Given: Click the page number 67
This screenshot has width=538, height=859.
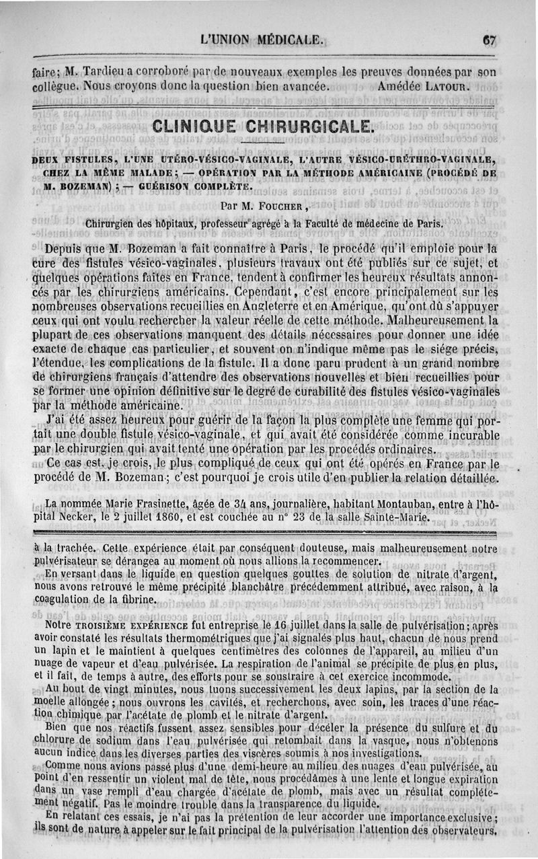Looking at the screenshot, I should point(489,40).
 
